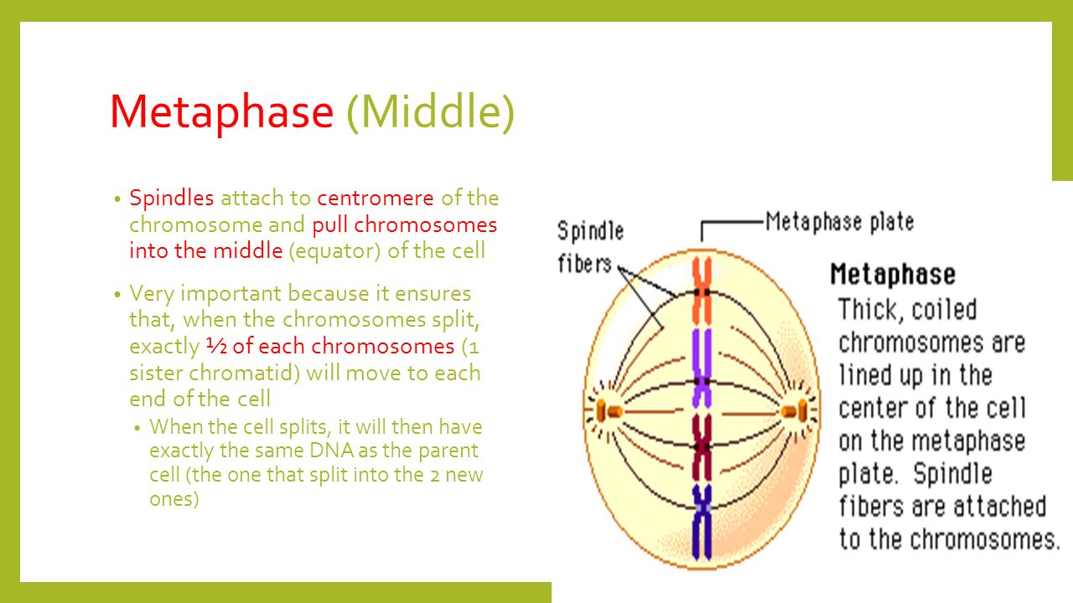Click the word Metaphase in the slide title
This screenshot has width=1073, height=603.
pyautogui.click(x=222, y=112)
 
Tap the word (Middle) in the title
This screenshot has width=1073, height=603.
pyautogui.click(x=431, y=113)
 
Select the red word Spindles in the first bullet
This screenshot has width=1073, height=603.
pyautogui.click(x=172, y=198)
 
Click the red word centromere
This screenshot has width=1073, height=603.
pyautogui.click(x=375, y=198)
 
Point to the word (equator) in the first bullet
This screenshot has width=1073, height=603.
pyautogui.click(x=334, y=251)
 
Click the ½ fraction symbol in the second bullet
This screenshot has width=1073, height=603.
pyautogui.click(x=216, y=346)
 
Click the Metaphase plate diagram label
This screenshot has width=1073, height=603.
pyautogui.click(x=840, y=223)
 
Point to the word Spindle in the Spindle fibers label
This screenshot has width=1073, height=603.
pyautogui.click(x=591, y=231)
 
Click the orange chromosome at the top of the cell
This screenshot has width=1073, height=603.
pyautogui.click(x=702, y=291)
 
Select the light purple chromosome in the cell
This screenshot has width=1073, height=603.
pyautogui.click(x=702, y=369)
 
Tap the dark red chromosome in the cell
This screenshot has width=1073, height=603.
pyautogui.click(x=702, y=448)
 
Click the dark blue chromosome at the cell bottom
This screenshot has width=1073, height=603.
pyautogui.click(x=702, y=522)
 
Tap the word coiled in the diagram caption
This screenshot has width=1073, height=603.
pyautogui.click(x=944, y=310)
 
